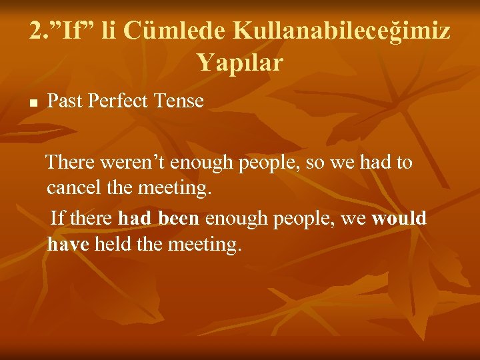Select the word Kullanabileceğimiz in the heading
(341, 31)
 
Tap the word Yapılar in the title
(240, 63)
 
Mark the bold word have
(68, 245)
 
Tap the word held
(112, 245)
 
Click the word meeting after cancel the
(175, 188)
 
